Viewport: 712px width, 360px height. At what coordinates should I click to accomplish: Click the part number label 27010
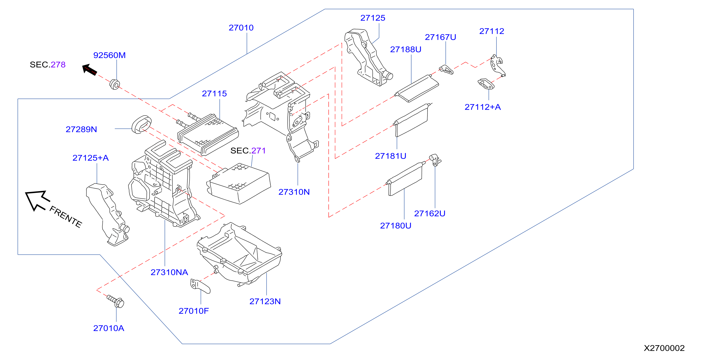pyautogui.click(x=241, y=28)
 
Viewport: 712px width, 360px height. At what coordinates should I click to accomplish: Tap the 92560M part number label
pyautogui.click(x=109, y=55)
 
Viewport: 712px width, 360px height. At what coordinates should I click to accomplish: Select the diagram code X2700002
pyautogui.click(x=664, y=348)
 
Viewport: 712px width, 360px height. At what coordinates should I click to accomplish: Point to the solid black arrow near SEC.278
pyautogui.click(x=90, y=69)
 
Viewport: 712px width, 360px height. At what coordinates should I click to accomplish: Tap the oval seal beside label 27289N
pyautogui.click(x=142, y=124)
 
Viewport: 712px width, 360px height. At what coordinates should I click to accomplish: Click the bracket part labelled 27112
pyautogui.click(x=497, y=66)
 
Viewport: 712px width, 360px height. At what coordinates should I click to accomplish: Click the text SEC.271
pyautogui.click(x=248, y=151)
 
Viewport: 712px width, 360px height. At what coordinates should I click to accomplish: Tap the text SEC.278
pyautogui.click(x=48, y=65)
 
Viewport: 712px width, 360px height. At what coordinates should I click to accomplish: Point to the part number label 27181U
pyautogui.click(x=391, y=156)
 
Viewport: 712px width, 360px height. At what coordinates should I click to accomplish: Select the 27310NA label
pyautogui.click(x=169, y=272)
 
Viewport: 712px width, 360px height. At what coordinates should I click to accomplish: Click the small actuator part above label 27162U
pyautogui.click(x=435, y=160)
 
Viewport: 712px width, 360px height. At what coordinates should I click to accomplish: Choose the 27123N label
pyautogui.click(x=265, y=302)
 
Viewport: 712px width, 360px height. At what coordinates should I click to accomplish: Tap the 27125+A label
pyautogui.click(x=90, y=158)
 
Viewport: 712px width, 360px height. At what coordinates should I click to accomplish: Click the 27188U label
pyautogui.click(x=405, y=49)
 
